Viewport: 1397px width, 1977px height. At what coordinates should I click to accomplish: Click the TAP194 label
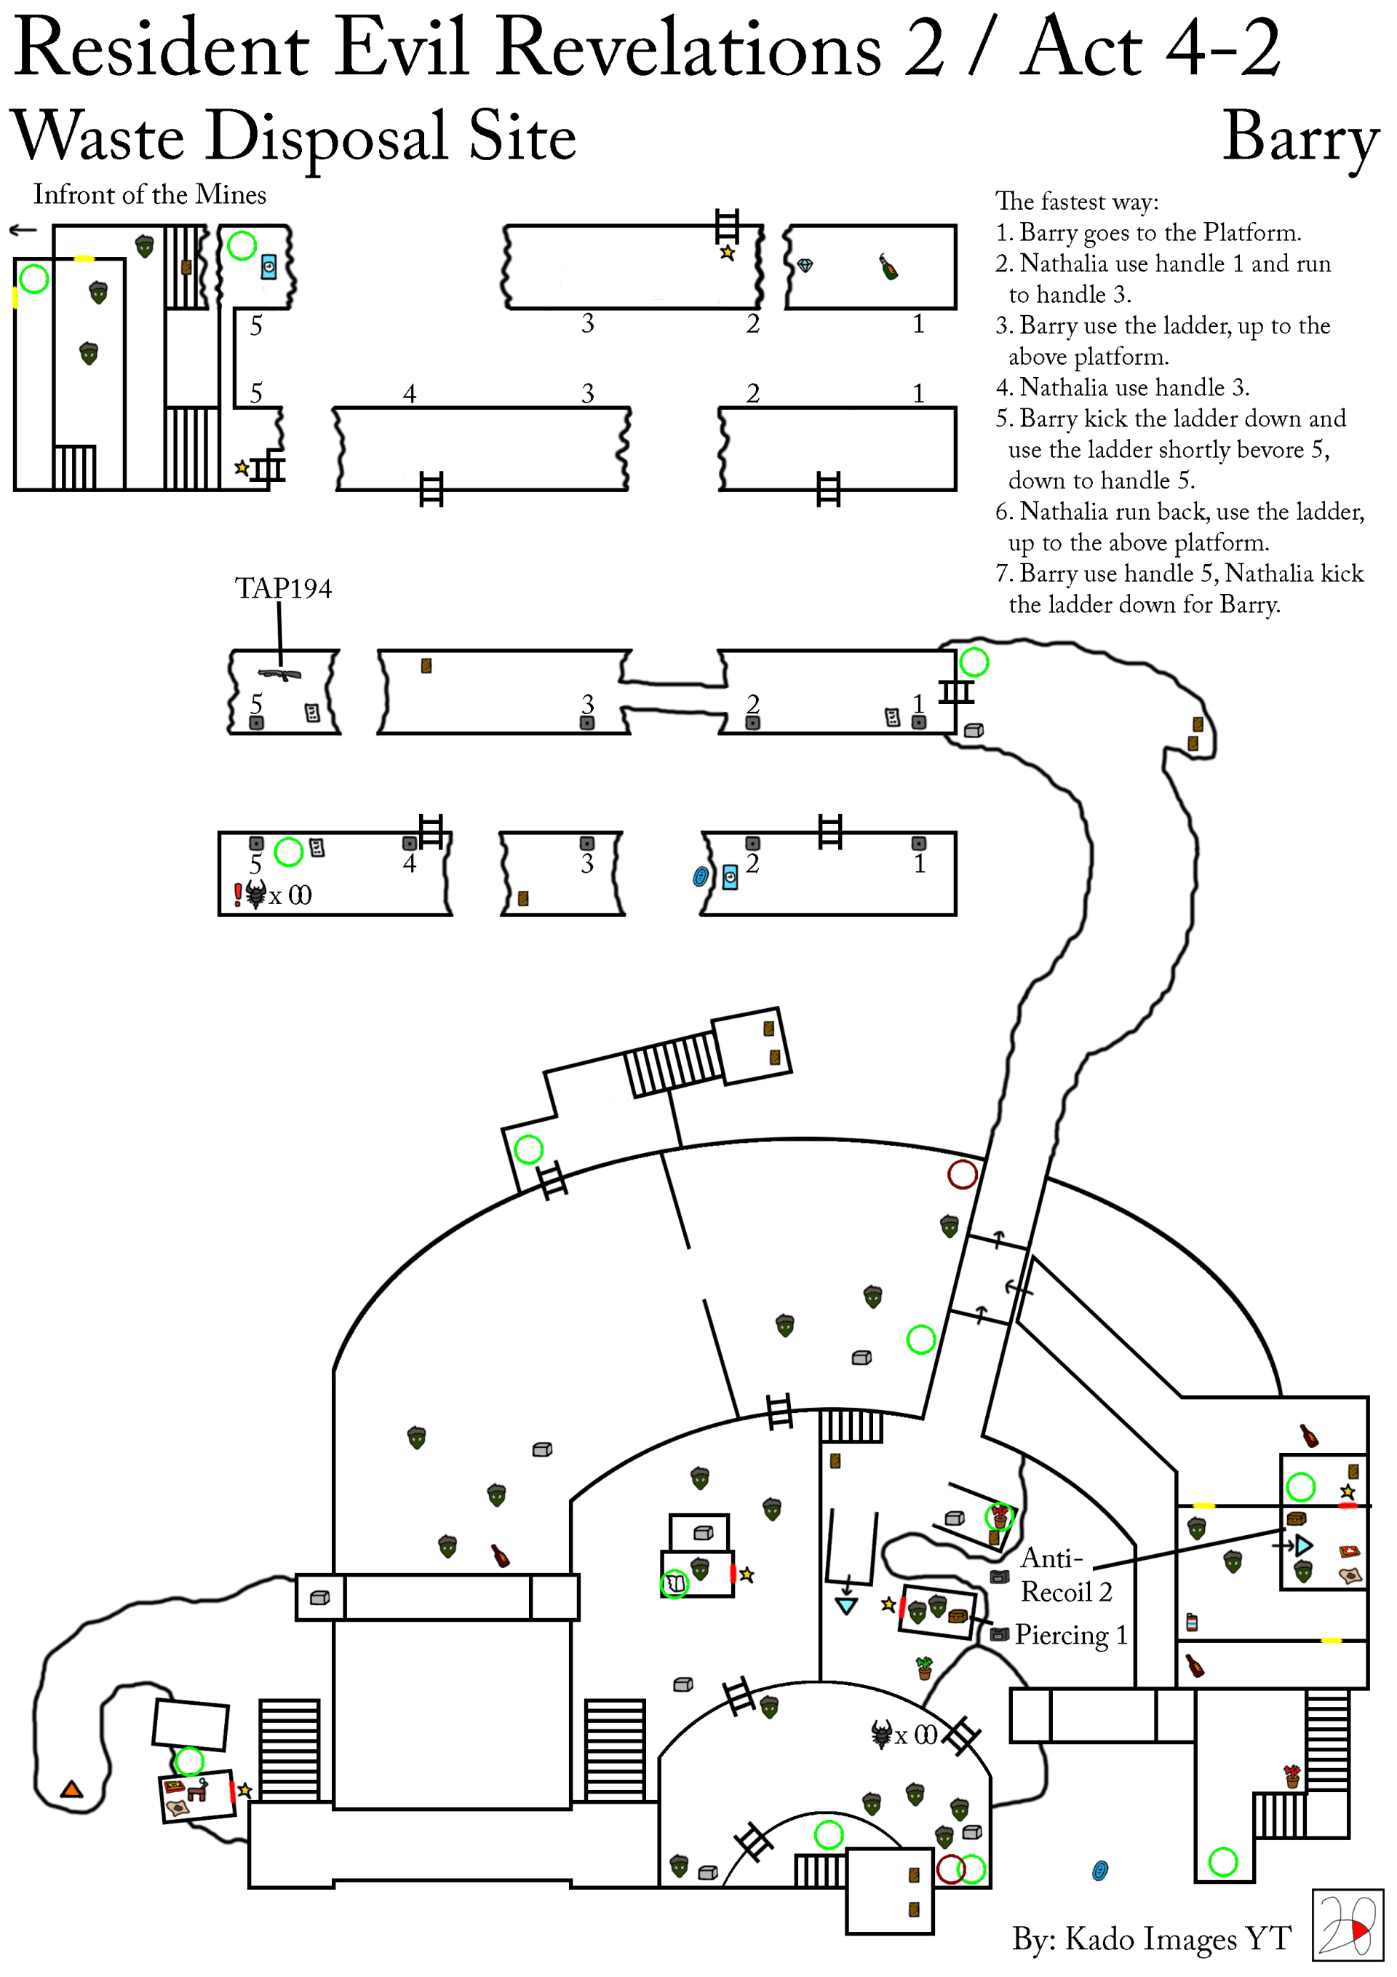pyautogui.click(x=283, y=588)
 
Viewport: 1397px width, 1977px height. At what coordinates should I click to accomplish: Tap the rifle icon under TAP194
pyautogui.click(x=279, y=674)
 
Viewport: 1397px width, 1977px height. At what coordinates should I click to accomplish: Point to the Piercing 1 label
pyautogui.click(x=1071, y=1635)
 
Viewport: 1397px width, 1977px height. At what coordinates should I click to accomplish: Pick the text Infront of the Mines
pyautogui.click(x=150, y=194)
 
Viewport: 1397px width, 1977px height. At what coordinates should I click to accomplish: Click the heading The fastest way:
pyautogui.click(x=1077, y=202)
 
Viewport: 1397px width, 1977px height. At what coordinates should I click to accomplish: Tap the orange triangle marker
pyautogui.click(x=71, y=1789)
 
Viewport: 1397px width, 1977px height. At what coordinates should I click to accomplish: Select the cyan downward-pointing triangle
pyautogui.click(x=846, y=1606)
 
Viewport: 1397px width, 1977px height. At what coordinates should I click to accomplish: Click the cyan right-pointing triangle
pyautogui.click(x=1304, y=1545)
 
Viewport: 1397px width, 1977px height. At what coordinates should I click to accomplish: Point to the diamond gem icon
pyautogui.click(x=805, y=266)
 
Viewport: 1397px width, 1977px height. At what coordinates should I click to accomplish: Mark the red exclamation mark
pyautogui.click(x=239, y=895)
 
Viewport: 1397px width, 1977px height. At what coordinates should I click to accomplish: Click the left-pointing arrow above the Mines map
pyautogui.click(x=23, y=230)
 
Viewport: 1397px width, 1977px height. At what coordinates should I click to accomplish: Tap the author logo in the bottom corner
pyautogui.click(x=1347, y=1925)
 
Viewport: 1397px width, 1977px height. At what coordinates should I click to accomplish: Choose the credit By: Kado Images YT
pyautogui.click(x=1152, y=1938)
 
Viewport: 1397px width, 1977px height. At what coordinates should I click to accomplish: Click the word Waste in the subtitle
pyautogui.click(x=99, y=138)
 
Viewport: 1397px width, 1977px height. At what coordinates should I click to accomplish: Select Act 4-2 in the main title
pyautogui.click(x=1151, y=48)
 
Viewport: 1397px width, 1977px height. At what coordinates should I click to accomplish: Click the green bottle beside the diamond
pyautogui.click(x=888, y=267)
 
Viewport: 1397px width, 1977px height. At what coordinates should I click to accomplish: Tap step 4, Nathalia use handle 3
pyautogui.click(x=1123, y=387)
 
